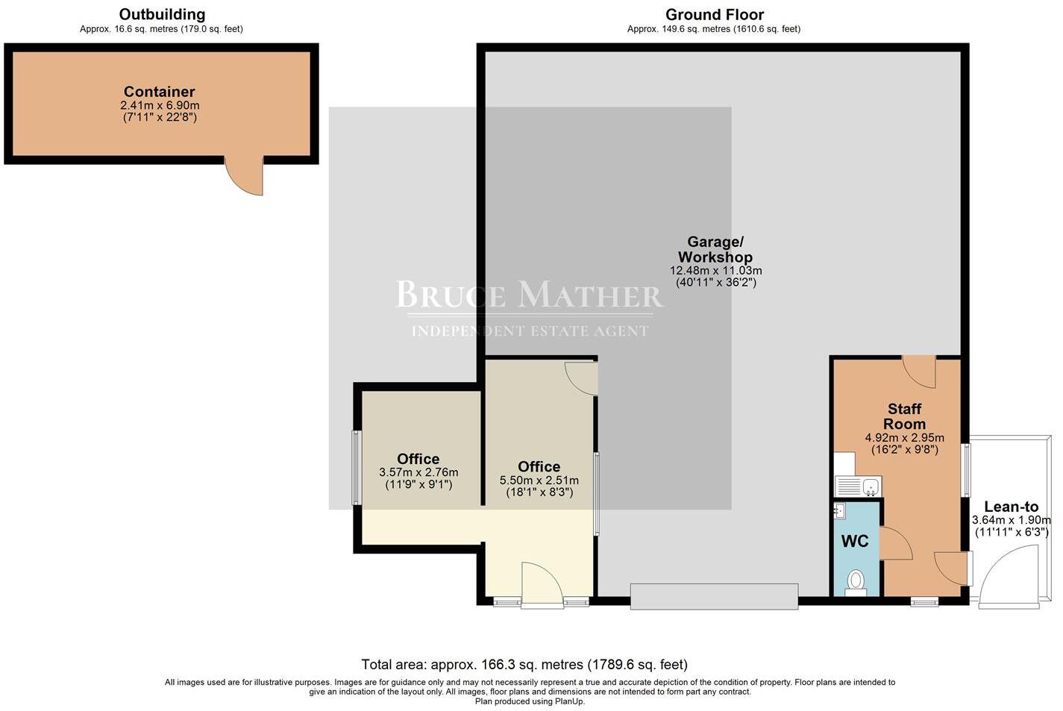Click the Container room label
(159, 92)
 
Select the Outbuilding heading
(162, 14)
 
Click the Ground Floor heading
(714, 14)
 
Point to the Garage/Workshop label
(715, 249)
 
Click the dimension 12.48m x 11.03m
(715, 271)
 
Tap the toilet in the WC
(856, 581)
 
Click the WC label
(855, 542)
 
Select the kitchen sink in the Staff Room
(858, 487)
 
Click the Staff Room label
(904, 416)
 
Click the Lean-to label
(1011, 507)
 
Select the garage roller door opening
(714, 597)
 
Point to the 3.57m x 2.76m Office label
(418, 459)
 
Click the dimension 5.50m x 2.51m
(539, 480)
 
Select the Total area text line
(524, 664)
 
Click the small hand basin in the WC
(840, 511)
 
